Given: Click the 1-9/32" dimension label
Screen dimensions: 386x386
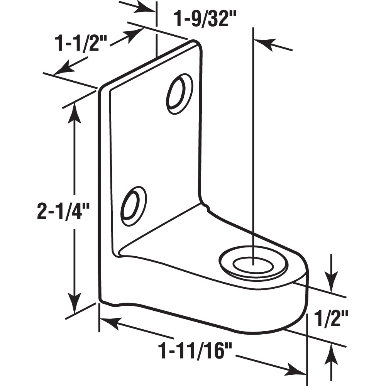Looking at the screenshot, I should [x=204, y=19].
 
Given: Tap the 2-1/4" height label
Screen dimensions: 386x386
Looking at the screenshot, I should [x=63, y=212].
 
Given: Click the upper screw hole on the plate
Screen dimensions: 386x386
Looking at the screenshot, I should [x=179, y=94].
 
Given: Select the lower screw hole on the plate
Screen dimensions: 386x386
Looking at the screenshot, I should [x=134, y=206].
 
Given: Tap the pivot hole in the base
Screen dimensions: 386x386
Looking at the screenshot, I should [x=253, y=266].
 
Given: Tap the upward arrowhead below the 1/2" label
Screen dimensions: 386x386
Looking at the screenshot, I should [x=331, y=353].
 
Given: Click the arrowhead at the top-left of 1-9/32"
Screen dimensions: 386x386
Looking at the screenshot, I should [x=148, y=8].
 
